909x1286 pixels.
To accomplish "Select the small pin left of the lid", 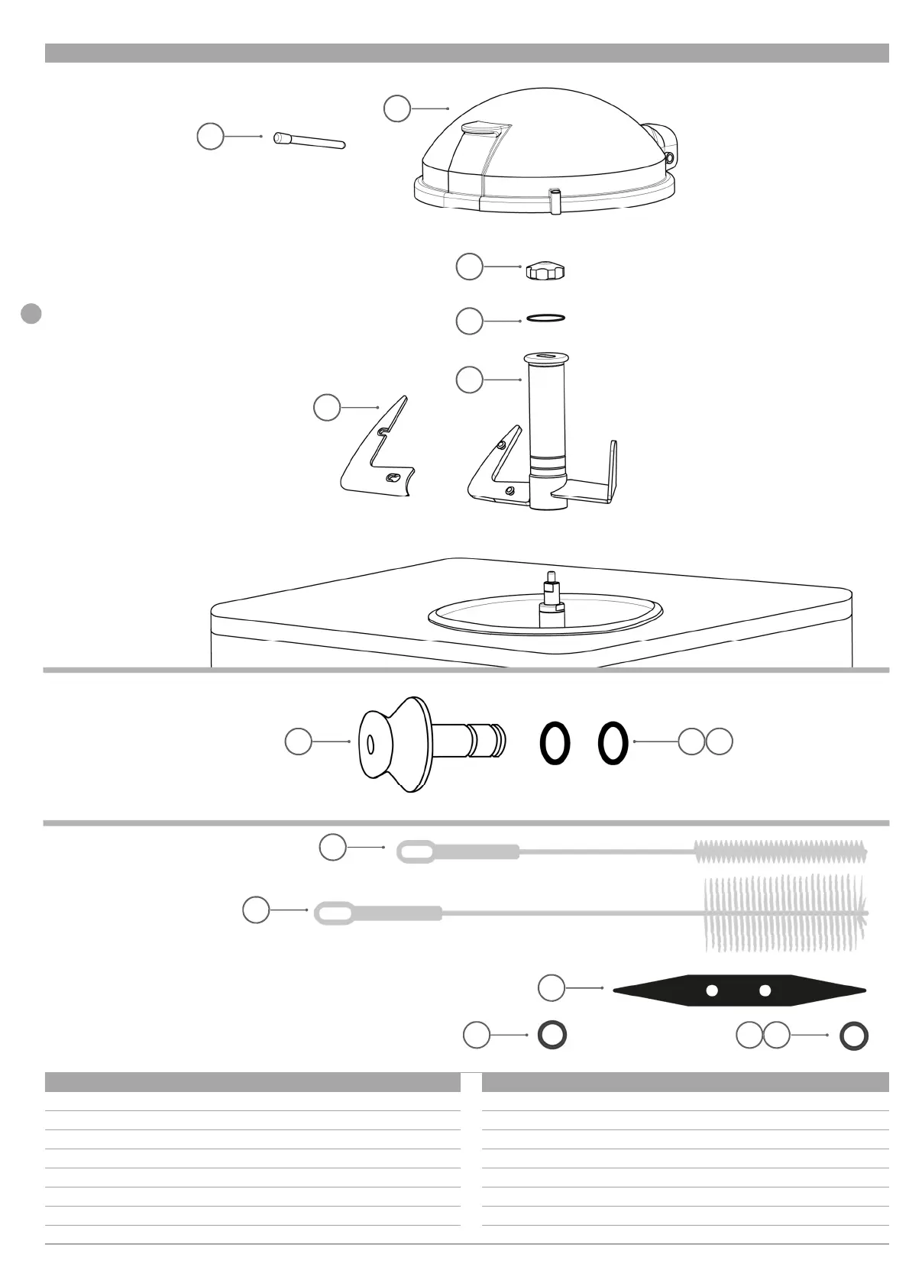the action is point(309,141).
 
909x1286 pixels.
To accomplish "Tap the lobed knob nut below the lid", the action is point(545,270).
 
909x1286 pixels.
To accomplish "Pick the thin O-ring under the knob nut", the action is point(545,318).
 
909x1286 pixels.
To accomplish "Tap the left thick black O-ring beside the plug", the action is point(555,743).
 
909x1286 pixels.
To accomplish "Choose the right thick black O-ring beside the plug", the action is point(613,743).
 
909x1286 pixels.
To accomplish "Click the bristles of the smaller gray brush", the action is point(779,851).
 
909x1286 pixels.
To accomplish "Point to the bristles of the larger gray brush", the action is point(783,913).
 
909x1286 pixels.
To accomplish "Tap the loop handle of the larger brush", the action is point(334,913).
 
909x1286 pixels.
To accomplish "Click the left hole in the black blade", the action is point(712,990).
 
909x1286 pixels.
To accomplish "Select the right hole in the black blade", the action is point(765,990).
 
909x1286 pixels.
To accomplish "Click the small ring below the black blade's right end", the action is point(853,1036).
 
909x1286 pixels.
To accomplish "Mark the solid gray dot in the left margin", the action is point(31,313).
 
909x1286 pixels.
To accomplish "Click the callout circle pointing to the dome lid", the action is point(397,108).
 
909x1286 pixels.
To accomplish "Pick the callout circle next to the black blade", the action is point(552,987).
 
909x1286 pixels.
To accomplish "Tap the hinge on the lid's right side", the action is point(663,141).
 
